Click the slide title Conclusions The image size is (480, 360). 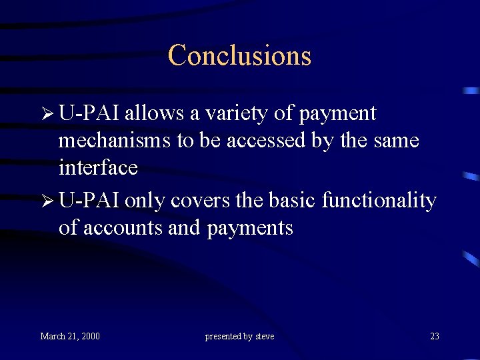[x=239, y=55]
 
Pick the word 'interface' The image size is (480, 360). [x=98, y=167]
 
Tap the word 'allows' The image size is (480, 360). [x=155, y=113]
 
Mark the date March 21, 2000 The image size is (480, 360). [x=70, y=336]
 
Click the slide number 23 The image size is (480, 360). [x=435, y=336]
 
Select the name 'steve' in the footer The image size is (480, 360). [x=265, y=336]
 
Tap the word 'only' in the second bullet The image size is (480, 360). [x=144, y=201]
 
